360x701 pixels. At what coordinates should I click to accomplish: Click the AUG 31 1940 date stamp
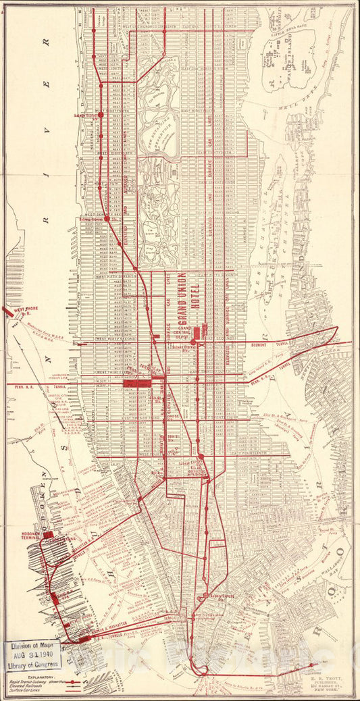(32, 654)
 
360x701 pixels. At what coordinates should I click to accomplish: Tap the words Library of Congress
(32, 665)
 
